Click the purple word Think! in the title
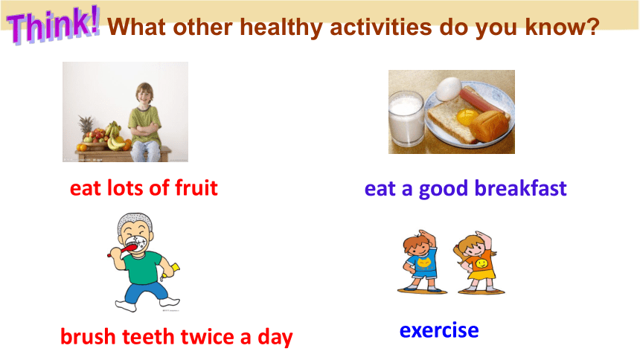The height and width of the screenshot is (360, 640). pyautogui.click(x=53, y=25)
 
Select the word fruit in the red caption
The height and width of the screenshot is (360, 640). pyautogui.click(x=196, y=187)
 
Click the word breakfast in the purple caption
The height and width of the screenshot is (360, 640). pyautogui.click(x=520, y=188)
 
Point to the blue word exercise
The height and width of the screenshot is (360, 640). pyautogui.click(x=439, y=330)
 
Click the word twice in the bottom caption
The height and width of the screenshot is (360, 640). pyautogui.click(x=208, y=337)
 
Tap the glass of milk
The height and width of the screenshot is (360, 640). pyautogui.click(x=406, y=119)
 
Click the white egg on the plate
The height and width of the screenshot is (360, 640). pyautogui.click(x=449, y=89)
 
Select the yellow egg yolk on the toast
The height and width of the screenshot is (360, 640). pyautogui.click(x=468, y=117)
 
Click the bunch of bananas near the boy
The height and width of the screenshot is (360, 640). pyautogui.click(x=115, y=137)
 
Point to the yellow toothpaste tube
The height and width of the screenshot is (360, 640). pyautogui.click(x=170, y=271)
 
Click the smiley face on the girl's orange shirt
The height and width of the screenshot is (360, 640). pyautogui.click(x=481, y=263)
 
